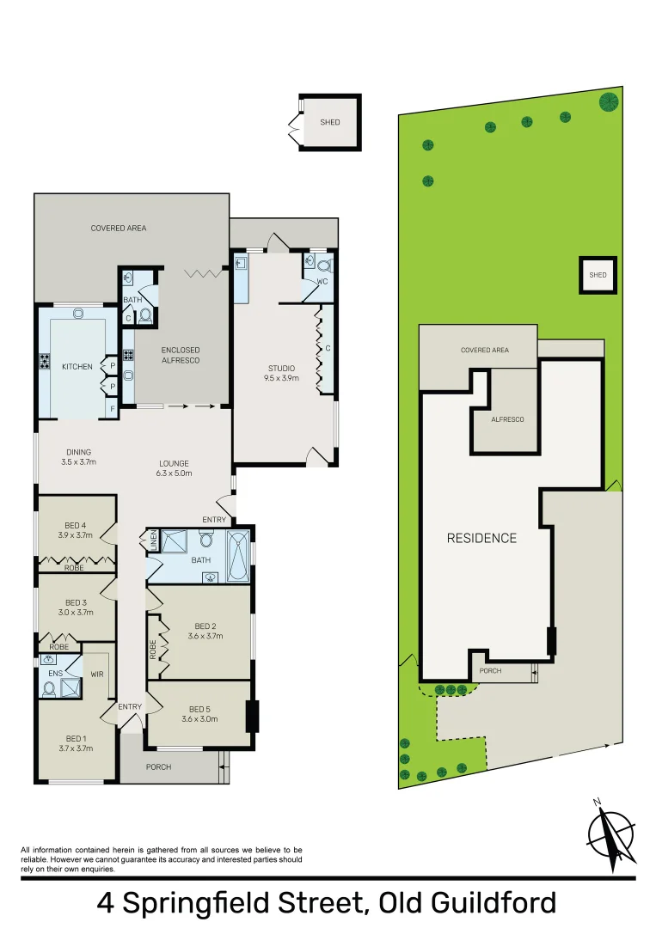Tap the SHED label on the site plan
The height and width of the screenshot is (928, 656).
598,275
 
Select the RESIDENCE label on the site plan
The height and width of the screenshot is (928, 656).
481,539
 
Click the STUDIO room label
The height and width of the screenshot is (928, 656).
281,369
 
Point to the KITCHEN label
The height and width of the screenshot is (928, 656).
77,367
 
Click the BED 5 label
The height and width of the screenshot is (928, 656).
199,710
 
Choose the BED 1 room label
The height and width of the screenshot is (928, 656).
76,738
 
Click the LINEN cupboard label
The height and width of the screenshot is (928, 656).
155,541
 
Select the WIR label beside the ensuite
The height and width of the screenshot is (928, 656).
97,675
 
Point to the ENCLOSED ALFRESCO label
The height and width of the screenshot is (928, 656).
181,356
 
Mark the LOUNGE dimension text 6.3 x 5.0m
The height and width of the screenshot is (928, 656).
174,473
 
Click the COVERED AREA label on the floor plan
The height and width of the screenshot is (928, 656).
119,228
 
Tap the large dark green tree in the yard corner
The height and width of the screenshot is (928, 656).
608,101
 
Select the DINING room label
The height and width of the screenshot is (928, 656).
78,452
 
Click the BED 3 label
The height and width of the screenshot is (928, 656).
76,602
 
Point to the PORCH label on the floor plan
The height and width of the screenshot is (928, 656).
158,766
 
